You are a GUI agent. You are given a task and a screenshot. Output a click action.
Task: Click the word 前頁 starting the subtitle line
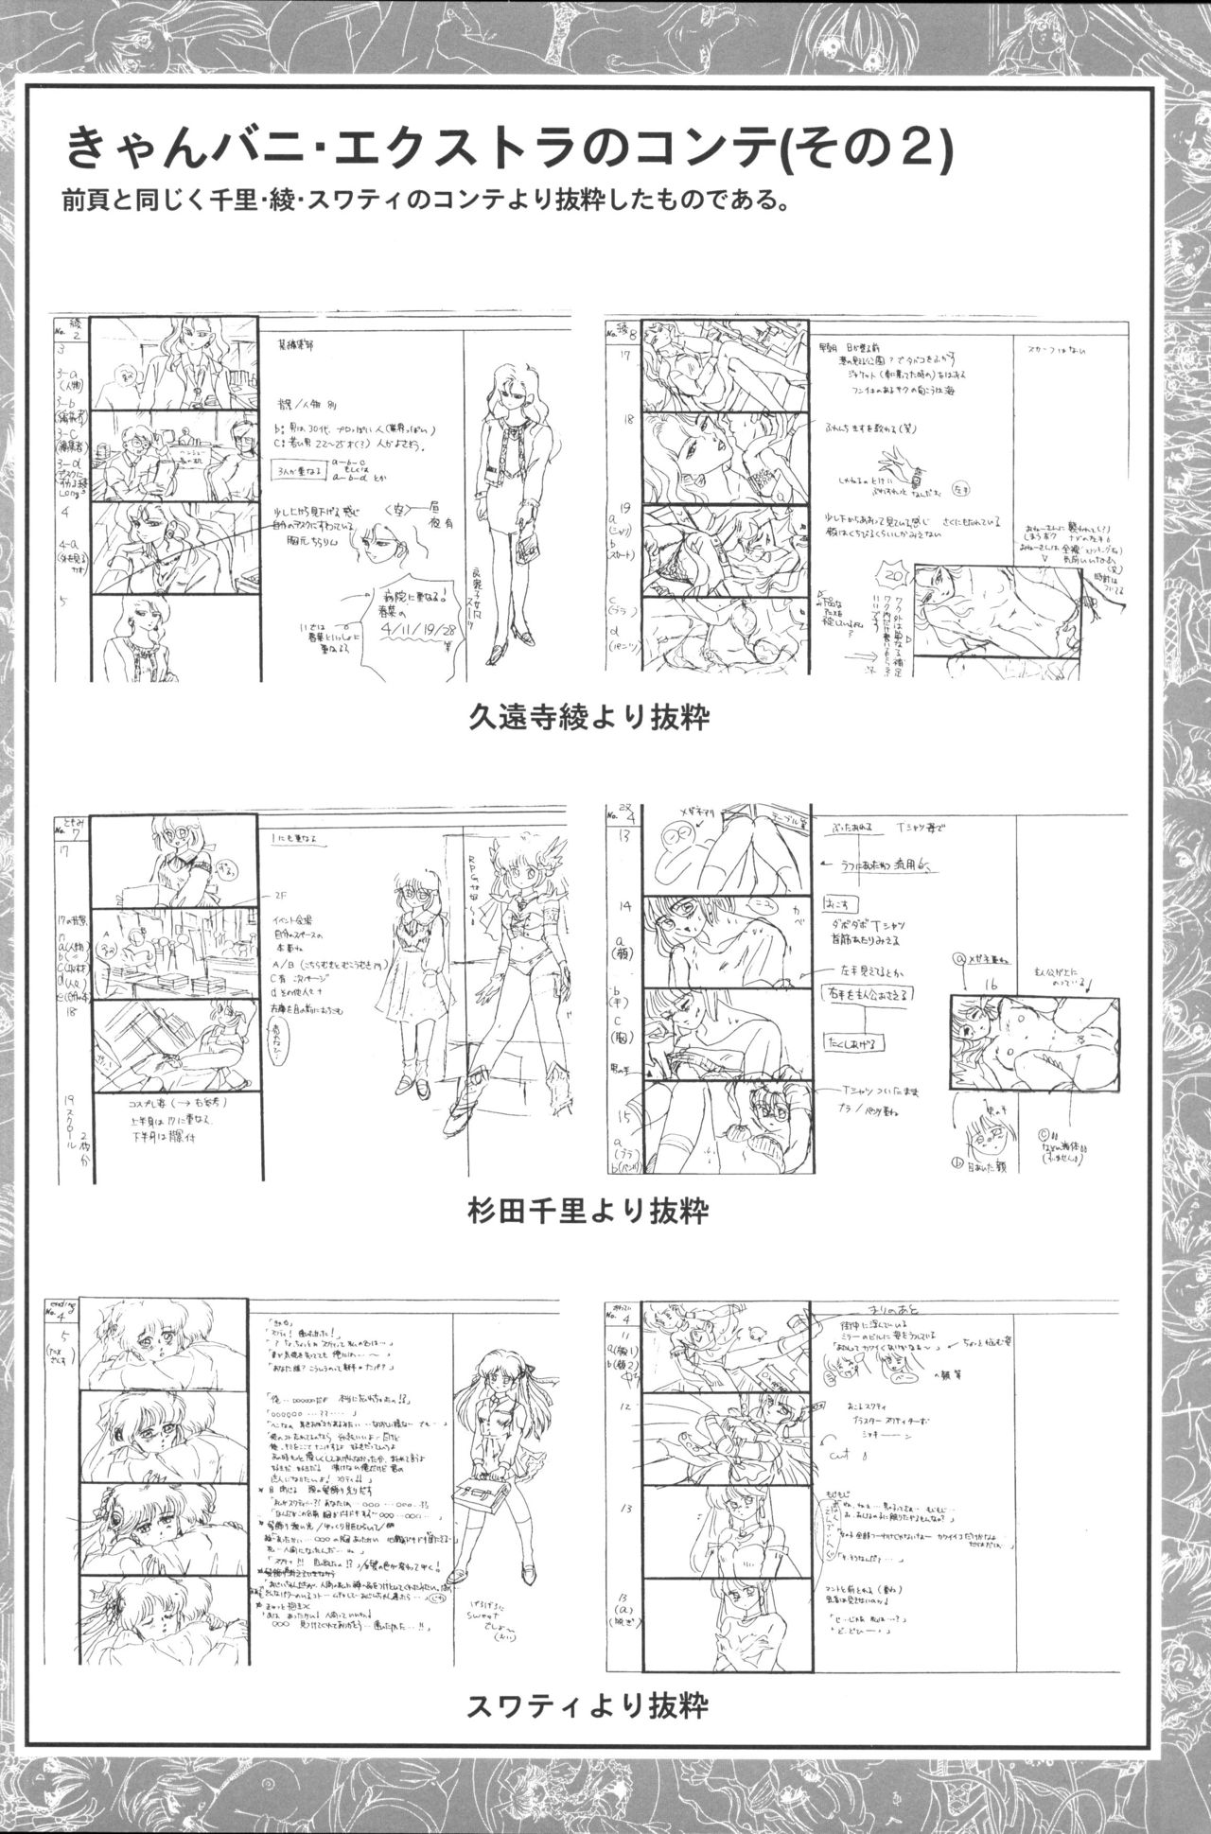84,202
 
